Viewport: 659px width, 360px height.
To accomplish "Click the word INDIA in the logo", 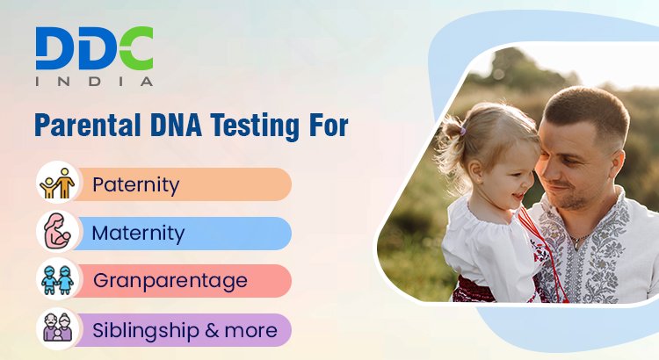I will (94, 81).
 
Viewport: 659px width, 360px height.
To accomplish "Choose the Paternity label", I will (135, 185).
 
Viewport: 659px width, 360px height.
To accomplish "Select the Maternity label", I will (138, 234).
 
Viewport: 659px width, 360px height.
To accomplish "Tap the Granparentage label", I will (170, 281).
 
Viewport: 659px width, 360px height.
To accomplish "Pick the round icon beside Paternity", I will (58, 184).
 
